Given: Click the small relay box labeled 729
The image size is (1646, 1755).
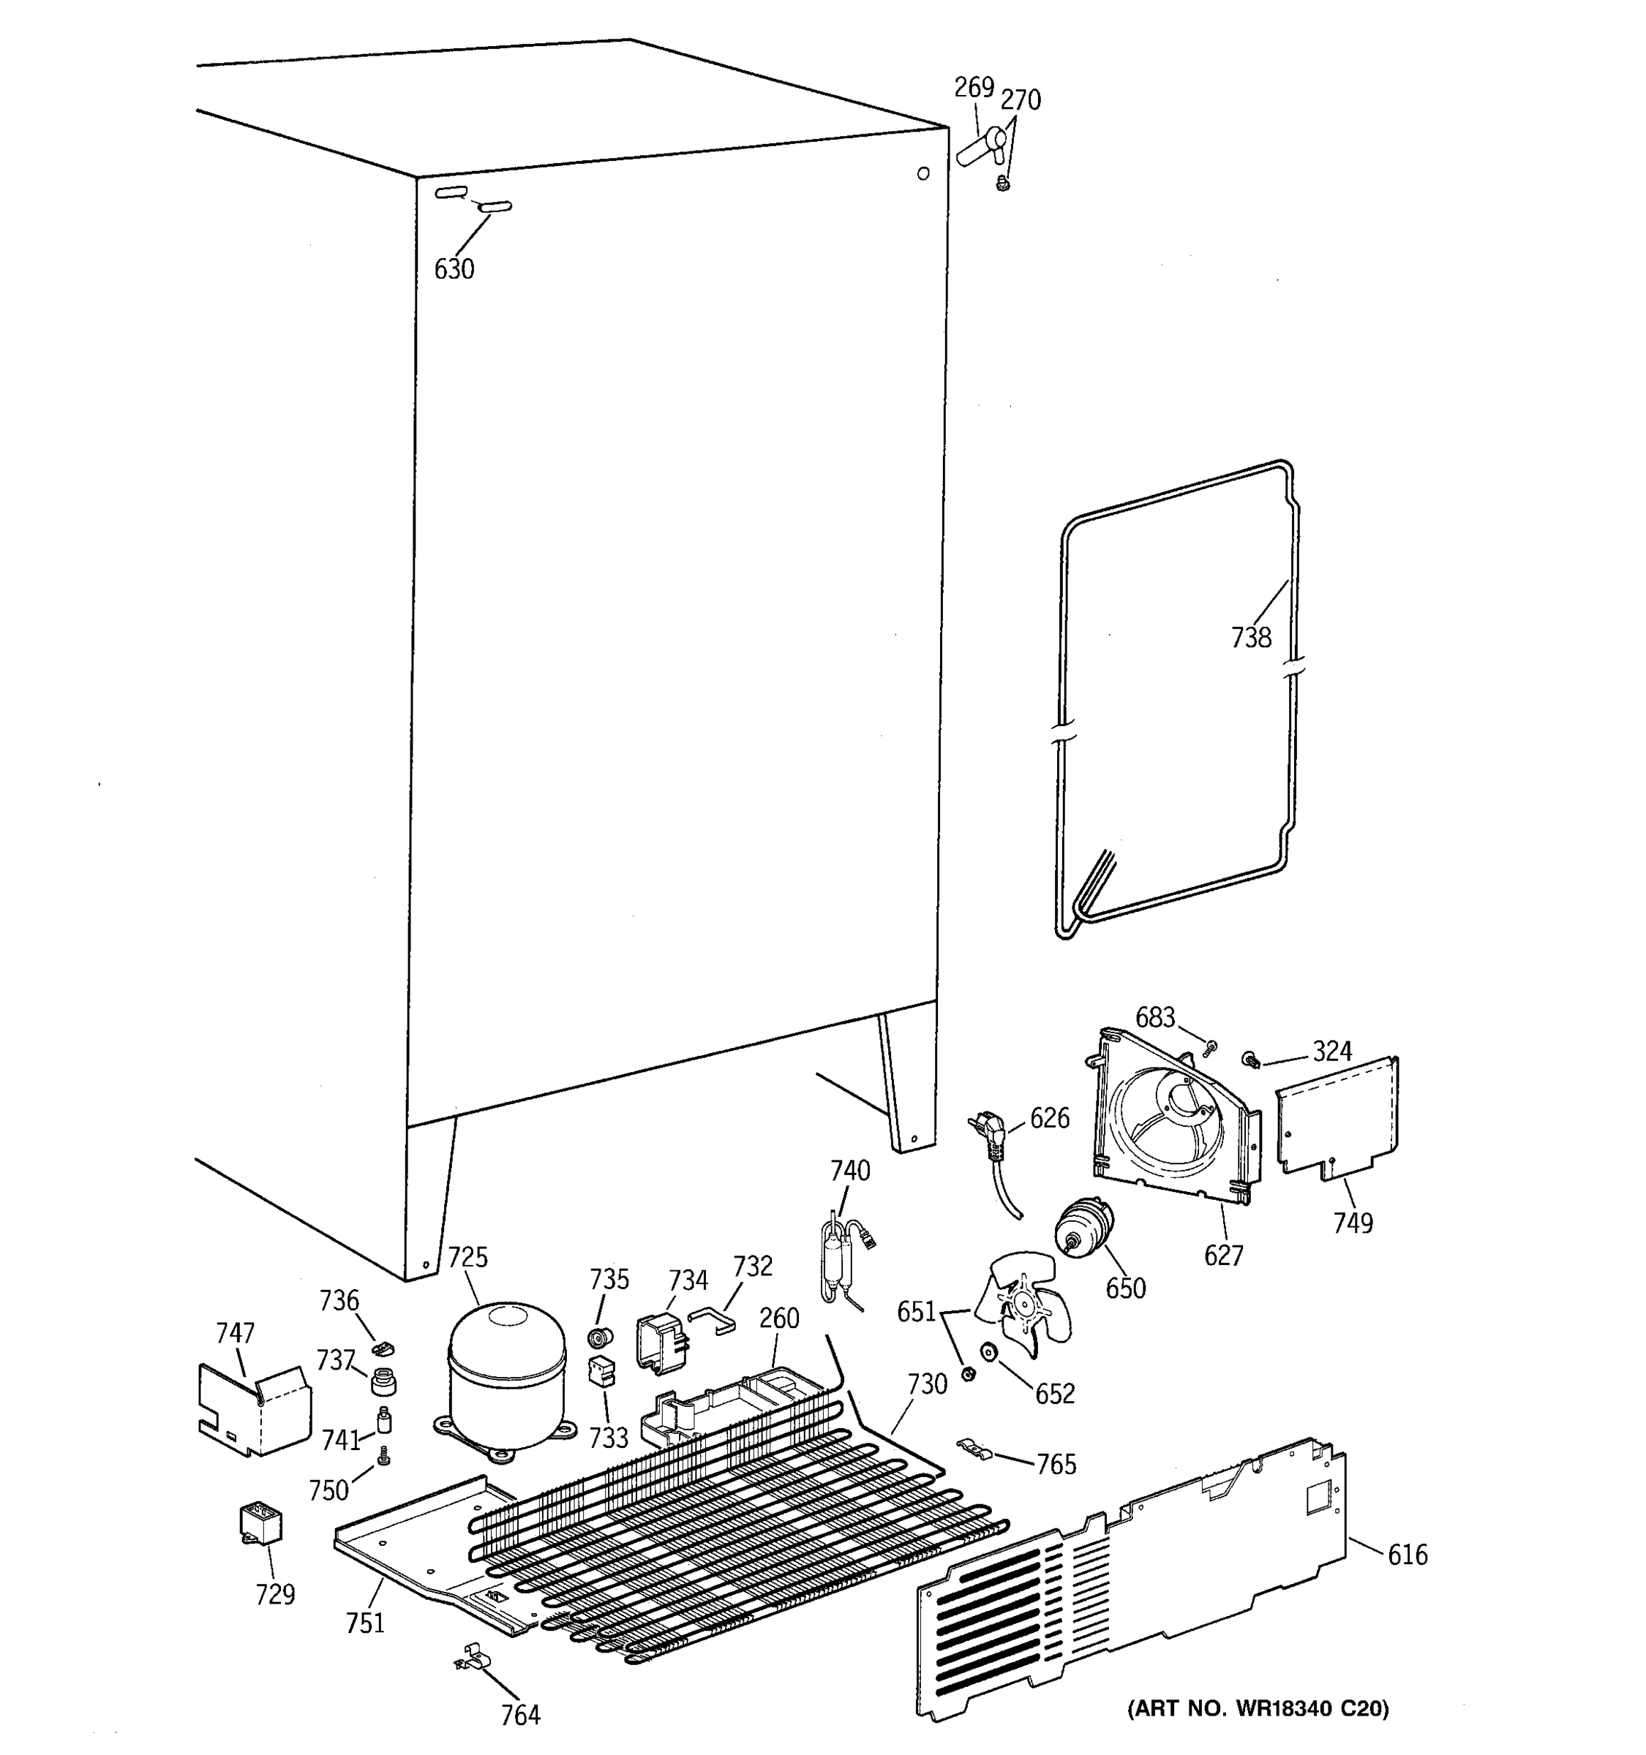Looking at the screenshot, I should (260, 1522).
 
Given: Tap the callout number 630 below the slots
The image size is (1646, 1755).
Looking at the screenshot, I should (454, 268).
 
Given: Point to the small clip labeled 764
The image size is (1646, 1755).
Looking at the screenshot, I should (470, 1658).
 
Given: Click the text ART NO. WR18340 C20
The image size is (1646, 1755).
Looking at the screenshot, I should (1258, 1707).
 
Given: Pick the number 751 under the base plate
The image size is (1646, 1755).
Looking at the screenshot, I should (365, 1623).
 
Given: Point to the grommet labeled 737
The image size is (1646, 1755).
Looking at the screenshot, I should (383, 1380).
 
